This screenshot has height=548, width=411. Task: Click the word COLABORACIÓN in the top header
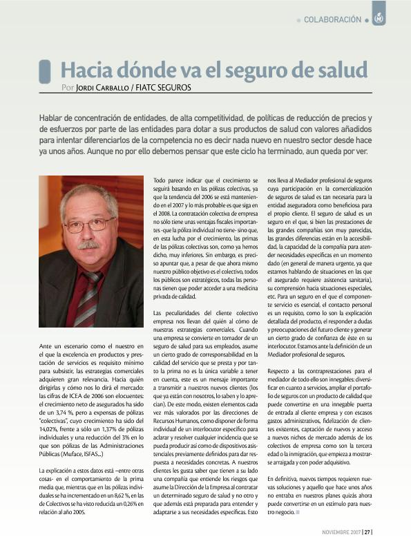click(332, 19)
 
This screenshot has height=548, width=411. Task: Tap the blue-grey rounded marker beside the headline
click(45, 71)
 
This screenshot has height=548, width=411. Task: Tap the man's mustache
click(88, 244)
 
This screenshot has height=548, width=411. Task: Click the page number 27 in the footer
click(368, 532)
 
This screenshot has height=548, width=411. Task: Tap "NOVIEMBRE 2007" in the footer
click(341, 532)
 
